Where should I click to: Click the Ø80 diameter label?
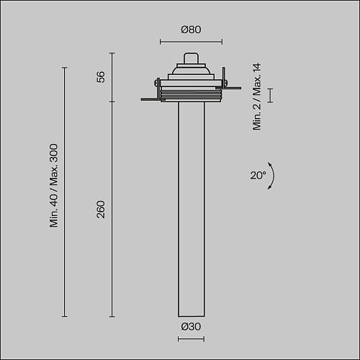(191, 30)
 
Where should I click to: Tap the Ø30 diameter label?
(191, 326)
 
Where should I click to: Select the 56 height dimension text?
(101, 77)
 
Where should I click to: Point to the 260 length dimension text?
(101, 210)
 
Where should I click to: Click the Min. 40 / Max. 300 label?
(54, 185)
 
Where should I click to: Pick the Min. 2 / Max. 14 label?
(256, 96)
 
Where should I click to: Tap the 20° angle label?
(258, 175)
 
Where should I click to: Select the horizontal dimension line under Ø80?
(191, 42)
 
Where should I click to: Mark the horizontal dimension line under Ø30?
(191, 339)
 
